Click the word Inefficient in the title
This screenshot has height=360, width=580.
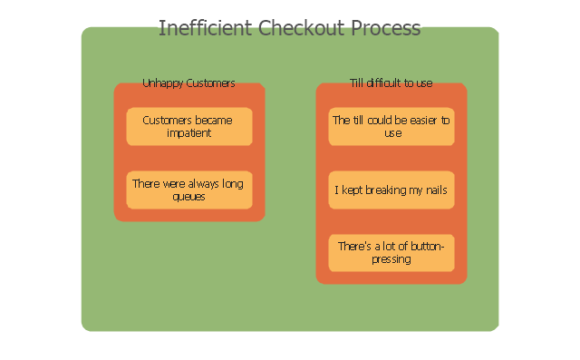click(206, 28)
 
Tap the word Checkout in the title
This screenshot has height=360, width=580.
click(301, 28)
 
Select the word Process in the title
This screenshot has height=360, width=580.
click(386, 28)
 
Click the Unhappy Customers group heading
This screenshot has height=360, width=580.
click(189, 83)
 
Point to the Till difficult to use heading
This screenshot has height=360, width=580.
click(391, 83)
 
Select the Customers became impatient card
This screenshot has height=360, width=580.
click(189, 127)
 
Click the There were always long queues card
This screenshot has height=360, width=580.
click(189, 190)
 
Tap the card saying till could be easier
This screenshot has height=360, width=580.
click(391, 127)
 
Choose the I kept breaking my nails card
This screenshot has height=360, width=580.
click(391, 190)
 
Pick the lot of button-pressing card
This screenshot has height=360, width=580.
click(391, 253)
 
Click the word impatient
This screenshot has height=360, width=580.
click(189, 133)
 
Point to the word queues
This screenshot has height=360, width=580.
click(188, 197)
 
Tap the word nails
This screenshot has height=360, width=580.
click(437, 190)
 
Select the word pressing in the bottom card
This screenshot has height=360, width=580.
click(391, 259)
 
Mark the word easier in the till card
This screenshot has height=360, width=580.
click(419, 121)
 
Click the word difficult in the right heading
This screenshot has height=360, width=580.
click(383, 83)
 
